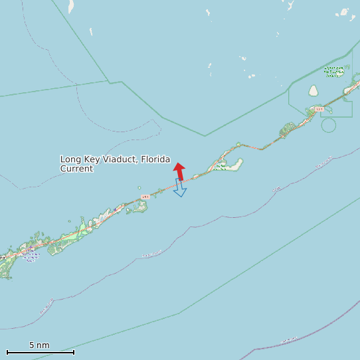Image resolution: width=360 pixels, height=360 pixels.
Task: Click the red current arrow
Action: [179, 171]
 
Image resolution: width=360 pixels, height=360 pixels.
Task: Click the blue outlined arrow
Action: [179, 188]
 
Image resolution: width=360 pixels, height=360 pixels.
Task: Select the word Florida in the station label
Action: [154, 159]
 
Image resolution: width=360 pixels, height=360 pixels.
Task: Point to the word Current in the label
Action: [76, 169]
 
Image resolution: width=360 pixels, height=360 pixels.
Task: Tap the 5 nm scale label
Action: [39, 345]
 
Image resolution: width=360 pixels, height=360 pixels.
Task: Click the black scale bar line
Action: [40, 352]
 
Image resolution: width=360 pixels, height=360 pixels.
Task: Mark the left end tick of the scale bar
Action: [7, 352]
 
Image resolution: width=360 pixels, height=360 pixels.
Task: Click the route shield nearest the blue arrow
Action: [145, 197]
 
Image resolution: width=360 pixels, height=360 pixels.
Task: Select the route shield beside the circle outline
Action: [319, 109]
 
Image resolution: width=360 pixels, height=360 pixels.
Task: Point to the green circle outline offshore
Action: [328, 125]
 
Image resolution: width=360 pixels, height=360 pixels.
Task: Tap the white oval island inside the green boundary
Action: [314, 90]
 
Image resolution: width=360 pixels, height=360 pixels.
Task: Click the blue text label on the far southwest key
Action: [30, 255]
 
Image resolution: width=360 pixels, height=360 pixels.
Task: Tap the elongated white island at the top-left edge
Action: [70, 7]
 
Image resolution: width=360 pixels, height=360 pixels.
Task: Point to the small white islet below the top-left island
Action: [91, 31]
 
